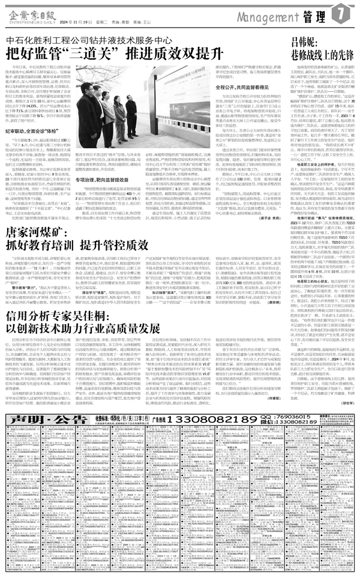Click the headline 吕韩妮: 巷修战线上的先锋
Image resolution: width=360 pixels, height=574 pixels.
(320, 48)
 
